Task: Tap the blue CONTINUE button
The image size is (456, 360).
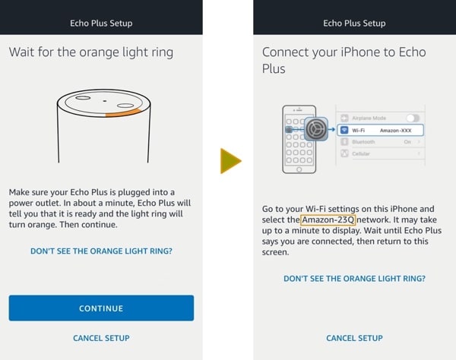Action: click(101, 308)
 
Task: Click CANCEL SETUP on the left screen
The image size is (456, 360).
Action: click(101, 338)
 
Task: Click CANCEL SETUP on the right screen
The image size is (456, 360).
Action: click(354, 338)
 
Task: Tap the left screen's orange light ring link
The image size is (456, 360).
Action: click(101, 251)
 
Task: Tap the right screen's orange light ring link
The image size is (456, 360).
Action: click(354, 278)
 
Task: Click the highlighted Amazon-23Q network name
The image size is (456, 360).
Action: click(328, 219)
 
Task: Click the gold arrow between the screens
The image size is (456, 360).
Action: click(230, 161)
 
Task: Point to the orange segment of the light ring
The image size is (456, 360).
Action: click(124, 113)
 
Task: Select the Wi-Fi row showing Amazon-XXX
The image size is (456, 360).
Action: click(381, 130)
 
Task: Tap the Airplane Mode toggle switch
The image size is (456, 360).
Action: click(413, 118)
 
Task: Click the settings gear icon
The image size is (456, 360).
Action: click(316, 128)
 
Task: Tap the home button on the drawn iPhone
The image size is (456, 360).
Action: click(299, 169)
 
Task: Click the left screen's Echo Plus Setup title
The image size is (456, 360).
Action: click(101, 24)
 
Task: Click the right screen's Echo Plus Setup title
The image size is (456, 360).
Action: click(354, 24)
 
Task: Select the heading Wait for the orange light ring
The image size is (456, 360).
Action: click(91, 52)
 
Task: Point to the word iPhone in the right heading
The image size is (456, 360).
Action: click(360, 52)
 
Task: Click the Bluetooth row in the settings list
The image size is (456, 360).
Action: click(381, 142)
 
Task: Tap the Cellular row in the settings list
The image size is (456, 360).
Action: click(381, 153)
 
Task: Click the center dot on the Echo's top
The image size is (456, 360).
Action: click(105, 101)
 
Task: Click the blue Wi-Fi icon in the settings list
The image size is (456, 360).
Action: click(344, 130)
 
